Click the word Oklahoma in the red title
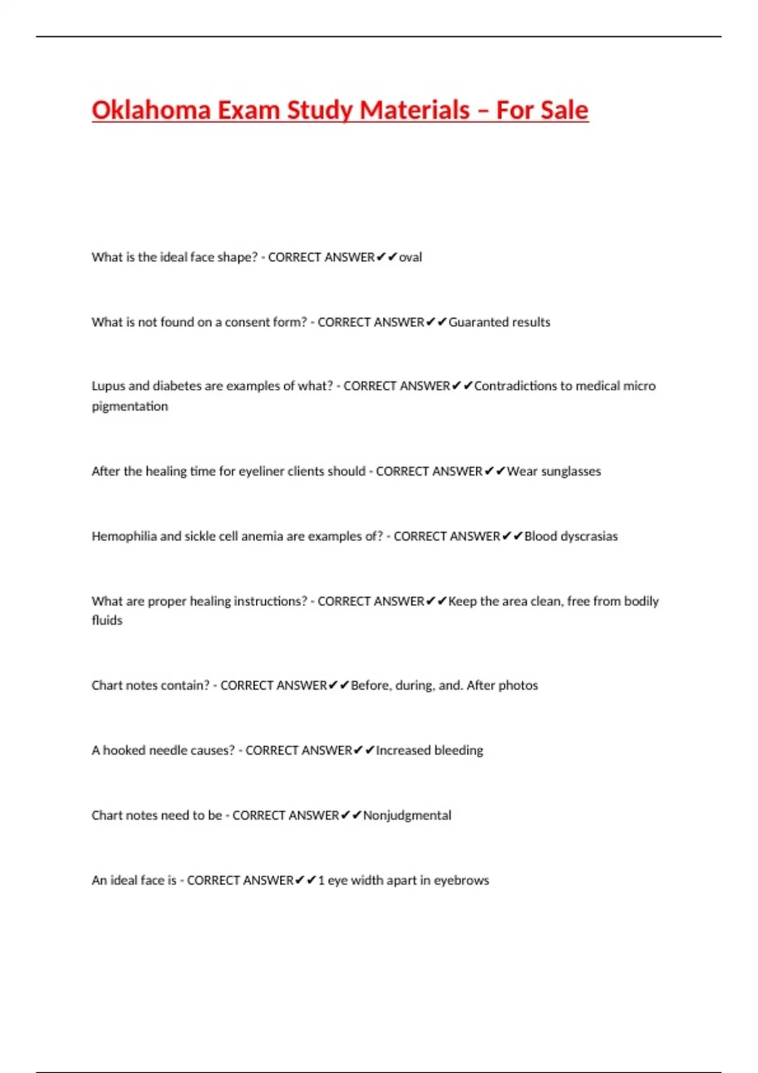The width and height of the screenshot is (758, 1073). coord(151,110)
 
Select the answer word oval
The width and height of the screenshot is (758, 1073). coord(411,258)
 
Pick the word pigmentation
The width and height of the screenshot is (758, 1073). coord(130,406)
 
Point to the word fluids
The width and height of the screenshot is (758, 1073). coord(107,620)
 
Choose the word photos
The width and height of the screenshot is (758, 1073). coord(519,685)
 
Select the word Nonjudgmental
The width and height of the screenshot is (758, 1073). coord(407,815)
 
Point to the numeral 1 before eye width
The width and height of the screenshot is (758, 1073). coord(322,880)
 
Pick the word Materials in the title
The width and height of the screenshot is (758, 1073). coord(414,110)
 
